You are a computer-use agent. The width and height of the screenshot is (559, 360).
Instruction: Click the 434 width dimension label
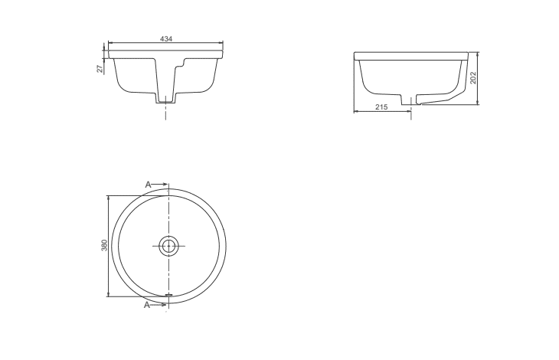[166, 39]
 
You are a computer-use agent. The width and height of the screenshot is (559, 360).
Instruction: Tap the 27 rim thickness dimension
[100, 68]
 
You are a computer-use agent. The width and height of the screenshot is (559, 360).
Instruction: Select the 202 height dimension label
[472, 77]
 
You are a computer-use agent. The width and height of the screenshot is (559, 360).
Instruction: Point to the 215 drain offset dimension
[381, 106]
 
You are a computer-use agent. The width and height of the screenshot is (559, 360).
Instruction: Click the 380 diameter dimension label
[104, 245]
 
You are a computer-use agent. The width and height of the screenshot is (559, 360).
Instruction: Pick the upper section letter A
[148, 185]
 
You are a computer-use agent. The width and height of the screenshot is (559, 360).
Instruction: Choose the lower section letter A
[147, 305]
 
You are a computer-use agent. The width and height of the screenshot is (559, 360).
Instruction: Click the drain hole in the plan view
[168, 246]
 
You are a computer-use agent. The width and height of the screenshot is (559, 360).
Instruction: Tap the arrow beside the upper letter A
[159, 185]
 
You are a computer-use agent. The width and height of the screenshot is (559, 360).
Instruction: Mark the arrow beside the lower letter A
[159, 305]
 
